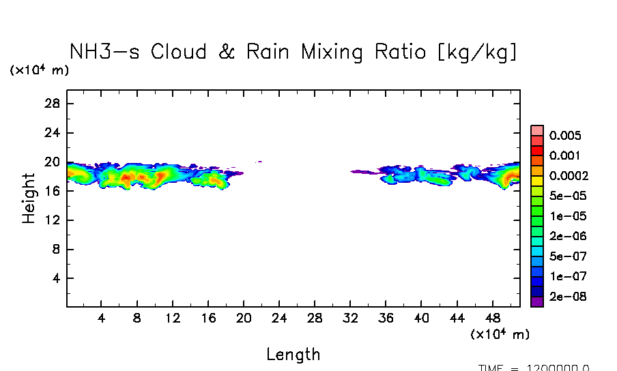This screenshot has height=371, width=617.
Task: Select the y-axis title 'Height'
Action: tap(29, 198)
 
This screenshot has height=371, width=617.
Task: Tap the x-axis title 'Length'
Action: tap(293, 354)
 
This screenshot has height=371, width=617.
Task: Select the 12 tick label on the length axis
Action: tap(173, 318)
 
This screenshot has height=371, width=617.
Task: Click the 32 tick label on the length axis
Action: tap(350, 318)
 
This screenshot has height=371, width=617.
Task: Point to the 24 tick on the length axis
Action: tap(279, 318)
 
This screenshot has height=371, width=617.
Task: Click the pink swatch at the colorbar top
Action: tap(536, 130)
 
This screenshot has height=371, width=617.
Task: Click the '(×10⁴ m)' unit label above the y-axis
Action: tap(39, 70)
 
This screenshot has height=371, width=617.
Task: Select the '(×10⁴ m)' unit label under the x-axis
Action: tap(500, 334)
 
